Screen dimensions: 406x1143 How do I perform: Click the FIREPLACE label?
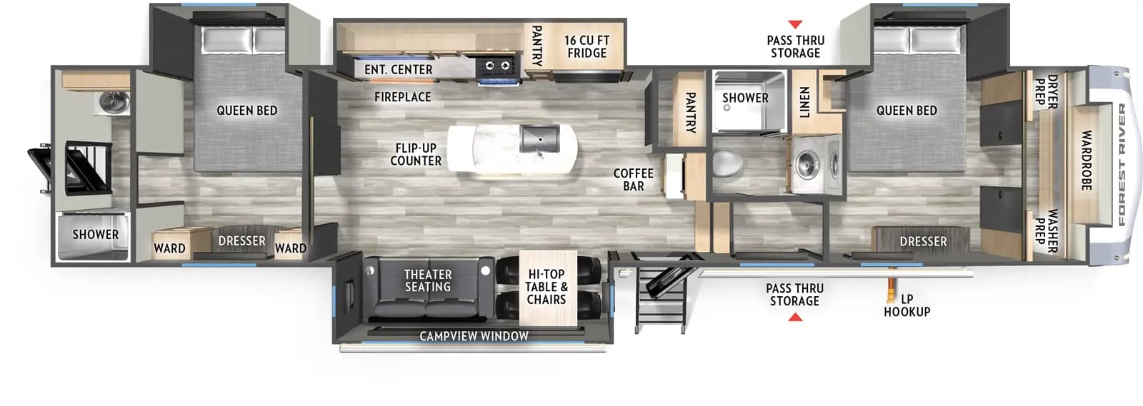pyautogui.click(x=402, y=97)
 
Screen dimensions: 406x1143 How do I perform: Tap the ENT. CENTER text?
pyautogui.click(x=398, y=70)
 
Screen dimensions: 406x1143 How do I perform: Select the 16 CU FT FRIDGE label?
pyautogui.click(x=587, y=47)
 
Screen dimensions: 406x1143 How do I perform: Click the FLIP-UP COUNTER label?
pyautogui.click(x=416, y=155)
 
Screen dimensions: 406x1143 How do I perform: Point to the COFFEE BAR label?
pyautogui.click(x=633, y=180)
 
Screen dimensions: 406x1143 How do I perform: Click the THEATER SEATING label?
pyautogui.click(x=428, y=280)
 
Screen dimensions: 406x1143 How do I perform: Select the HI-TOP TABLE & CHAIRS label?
pyautogui.click(x=546, y=287)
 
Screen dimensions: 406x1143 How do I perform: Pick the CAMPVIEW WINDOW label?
pyautogui.click(x=474, y=336)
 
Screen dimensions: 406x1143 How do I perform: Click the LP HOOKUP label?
pyautogui.click(x=907, y=305)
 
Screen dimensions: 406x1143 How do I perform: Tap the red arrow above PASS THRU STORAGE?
pyautogui.click(x=794, y=25)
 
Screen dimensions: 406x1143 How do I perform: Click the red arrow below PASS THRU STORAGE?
pyautogui.click(x=794, y=317)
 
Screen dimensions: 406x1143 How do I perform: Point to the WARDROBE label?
pyautogui.click(x=1086, y=160)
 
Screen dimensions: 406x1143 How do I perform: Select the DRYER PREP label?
pyautogui.click(x=1047, y=91)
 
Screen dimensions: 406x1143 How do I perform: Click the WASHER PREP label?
pyautogui.click(x=1047, y=230)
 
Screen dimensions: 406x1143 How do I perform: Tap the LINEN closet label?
pyautogui.click(x=804, y=102)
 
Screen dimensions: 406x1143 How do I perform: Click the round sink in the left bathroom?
pyautogui.click(x=112, y=103)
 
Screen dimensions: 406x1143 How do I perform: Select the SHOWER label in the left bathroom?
pyautogui.click(x=95, y=235)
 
